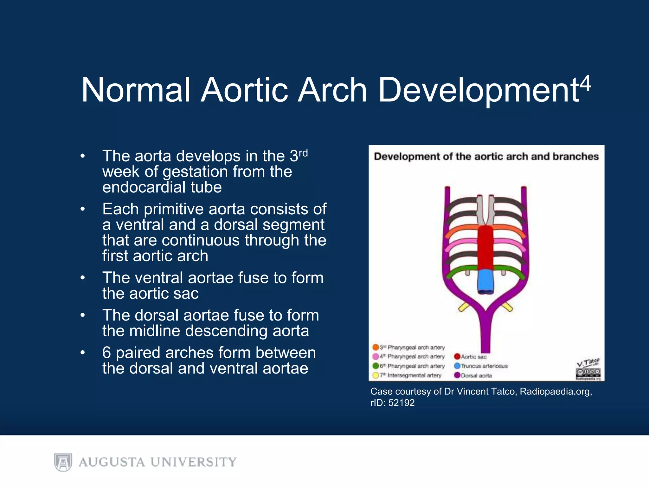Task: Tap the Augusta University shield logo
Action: click(x=63, y=462)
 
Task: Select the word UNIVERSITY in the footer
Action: click(x=193, y=462)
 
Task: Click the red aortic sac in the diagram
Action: click(x=485, y=247)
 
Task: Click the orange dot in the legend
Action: click(x=376, y=347)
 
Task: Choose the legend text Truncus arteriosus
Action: click(x=484, y=366)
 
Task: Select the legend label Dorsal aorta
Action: click(x=476, y=376)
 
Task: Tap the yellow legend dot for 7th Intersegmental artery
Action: click(x=376, y=375)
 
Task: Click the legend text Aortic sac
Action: click(x=473, y=357)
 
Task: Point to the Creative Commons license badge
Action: click(x=588, y=372)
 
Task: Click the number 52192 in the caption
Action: click(x=401, y=403)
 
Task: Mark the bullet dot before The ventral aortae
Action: click(x=83, y=278)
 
